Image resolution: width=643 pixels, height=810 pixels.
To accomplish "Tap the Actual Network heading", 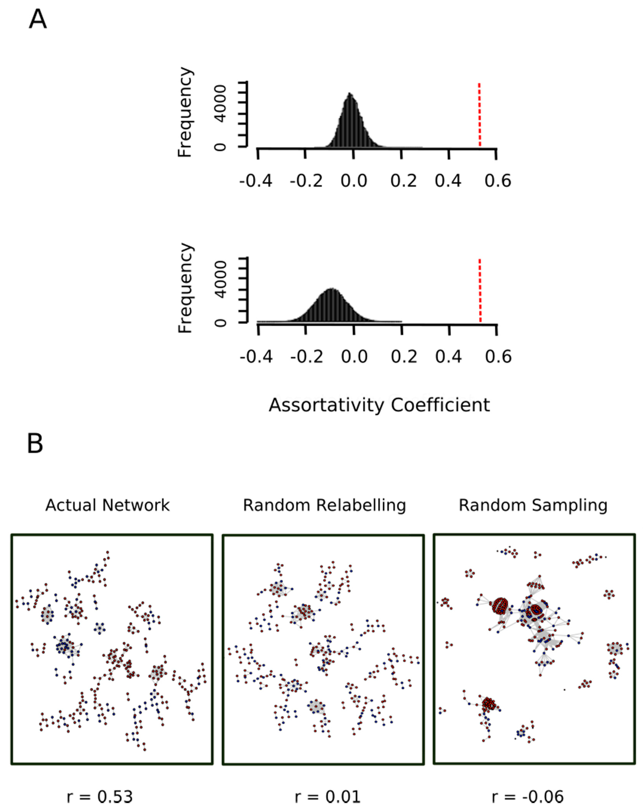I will [x=108, y=505].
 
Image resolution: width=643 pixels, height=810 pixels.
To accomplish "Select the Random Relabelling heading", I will [x=324, y=505].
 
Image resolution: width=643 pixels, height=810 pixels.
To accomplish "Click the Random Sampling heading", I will [x=533, y=505].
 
